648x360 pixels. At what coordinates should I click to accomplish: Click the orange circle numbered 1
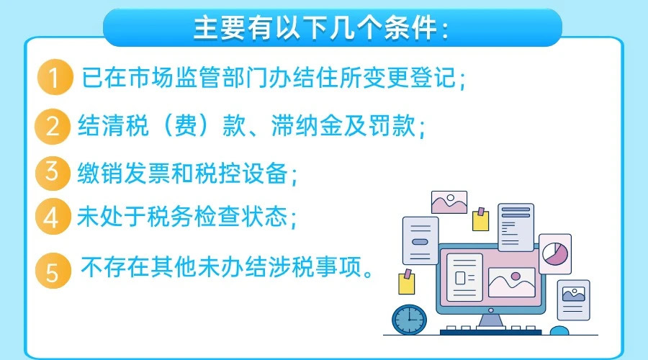point(55,77)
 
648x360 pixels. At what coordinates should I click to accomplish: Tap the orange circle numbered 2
point(53,126)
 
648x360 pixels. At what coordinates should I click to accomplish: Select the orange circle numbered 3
point(53,173)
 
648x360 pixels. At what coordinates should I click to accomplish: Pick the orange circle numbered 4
point(53,217)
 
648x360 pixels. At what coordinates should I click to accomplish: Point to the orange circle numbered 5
point(53,271)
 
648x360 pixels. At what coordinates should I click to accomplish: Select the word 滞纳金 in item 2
point(307,125)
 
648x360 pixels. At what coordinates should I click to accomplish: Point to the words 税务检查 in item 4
point(194,217)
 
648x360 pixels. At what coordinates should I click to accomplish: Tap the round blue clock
point(409,320)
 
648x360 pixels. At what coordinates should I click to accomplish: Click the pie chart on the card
point(555,253)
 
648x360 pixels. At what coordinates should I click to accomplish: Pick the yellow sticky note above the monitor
point(481,219)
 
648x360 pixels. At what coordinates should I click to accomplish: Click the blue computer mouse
point(559,330)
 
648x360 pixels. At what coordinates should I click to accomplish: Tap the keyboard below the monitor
point(490,330)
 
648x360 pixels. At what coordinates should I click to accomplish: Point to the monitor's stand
point(490,321)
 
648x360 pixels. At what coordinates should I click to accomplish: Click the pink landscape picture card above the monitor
point(449,202)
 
